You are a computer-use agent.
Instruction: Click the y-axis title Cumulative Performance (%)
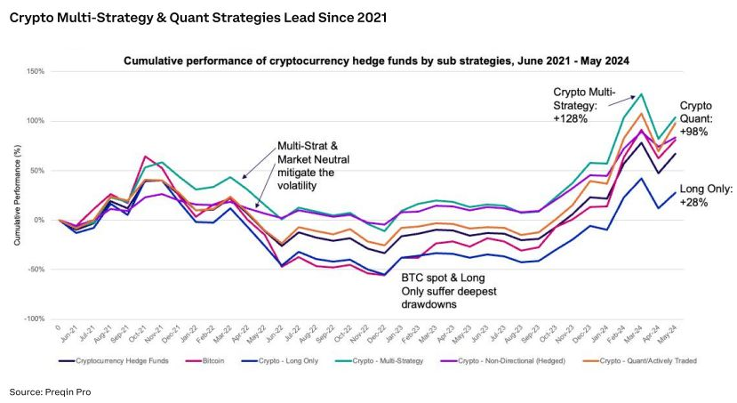[x=18, y=195]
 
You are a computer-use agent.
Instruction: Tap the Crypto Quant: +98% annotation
[x=701, y=119]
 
